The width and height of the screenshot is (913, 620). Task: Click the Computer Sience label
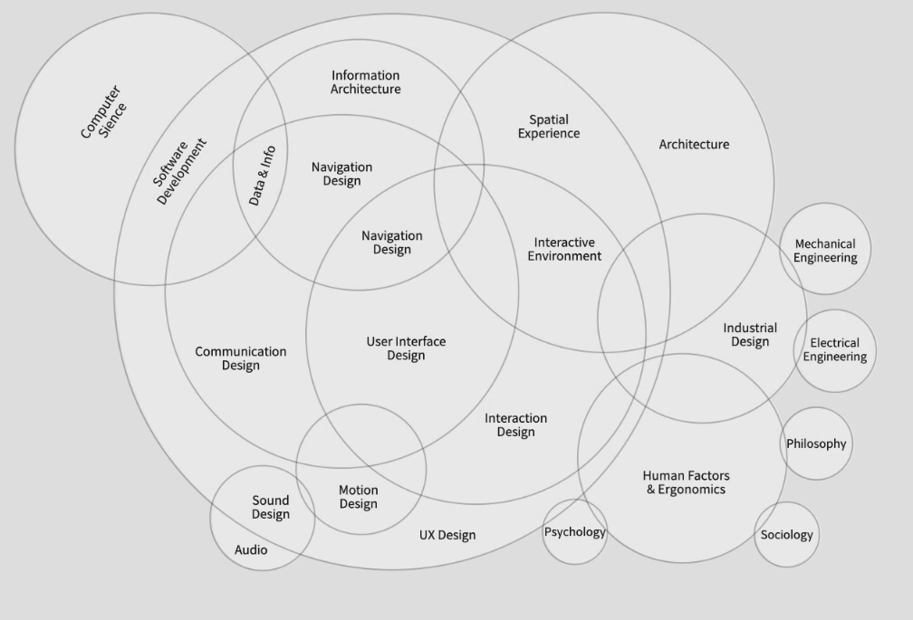(x=103, y=112)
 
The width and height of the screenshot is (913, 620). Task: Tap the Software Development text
(x=180, y=171)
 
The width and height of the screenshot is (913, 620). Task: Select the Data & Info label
(x=262, y=175)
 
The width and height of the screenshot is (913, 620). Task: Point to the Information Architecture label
(x=365, y=82)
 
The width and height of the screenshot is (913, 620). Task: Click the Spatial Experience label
(x=549, y=126)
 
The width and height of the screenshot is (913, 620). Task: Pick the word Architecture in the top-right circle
(x=694, y=144)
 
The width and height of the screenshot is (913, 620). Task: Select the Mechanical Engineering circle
(x=825, y=250)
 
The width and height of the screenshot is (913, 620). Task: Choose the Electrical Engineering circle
(x=834, y=349)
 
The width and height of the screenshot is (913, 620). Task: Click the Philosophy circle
(x=816, y=444)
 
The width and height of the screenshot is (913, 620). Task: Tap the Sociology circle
(x=786, y=534)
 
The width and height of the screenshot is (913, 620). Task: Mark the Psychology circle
(x=574, y=531)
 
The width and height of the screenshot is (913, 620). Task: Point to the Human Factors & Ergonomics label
(x=686, y=482)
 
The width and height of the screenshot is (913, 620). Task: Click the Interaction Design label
(x=515, y=424)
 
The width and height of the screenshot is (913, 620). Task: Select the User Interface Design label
(x=406, y=348)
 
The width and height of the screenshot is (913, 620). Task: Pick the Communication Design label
(x=241, y=358)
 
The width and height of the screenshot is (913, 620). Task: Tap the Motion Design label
(x=359, y=497)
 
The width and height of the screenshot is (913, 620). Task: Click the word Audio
(x=251, y=549)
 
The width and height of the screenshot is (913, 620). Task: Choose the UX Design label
(x=447, y=535)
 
